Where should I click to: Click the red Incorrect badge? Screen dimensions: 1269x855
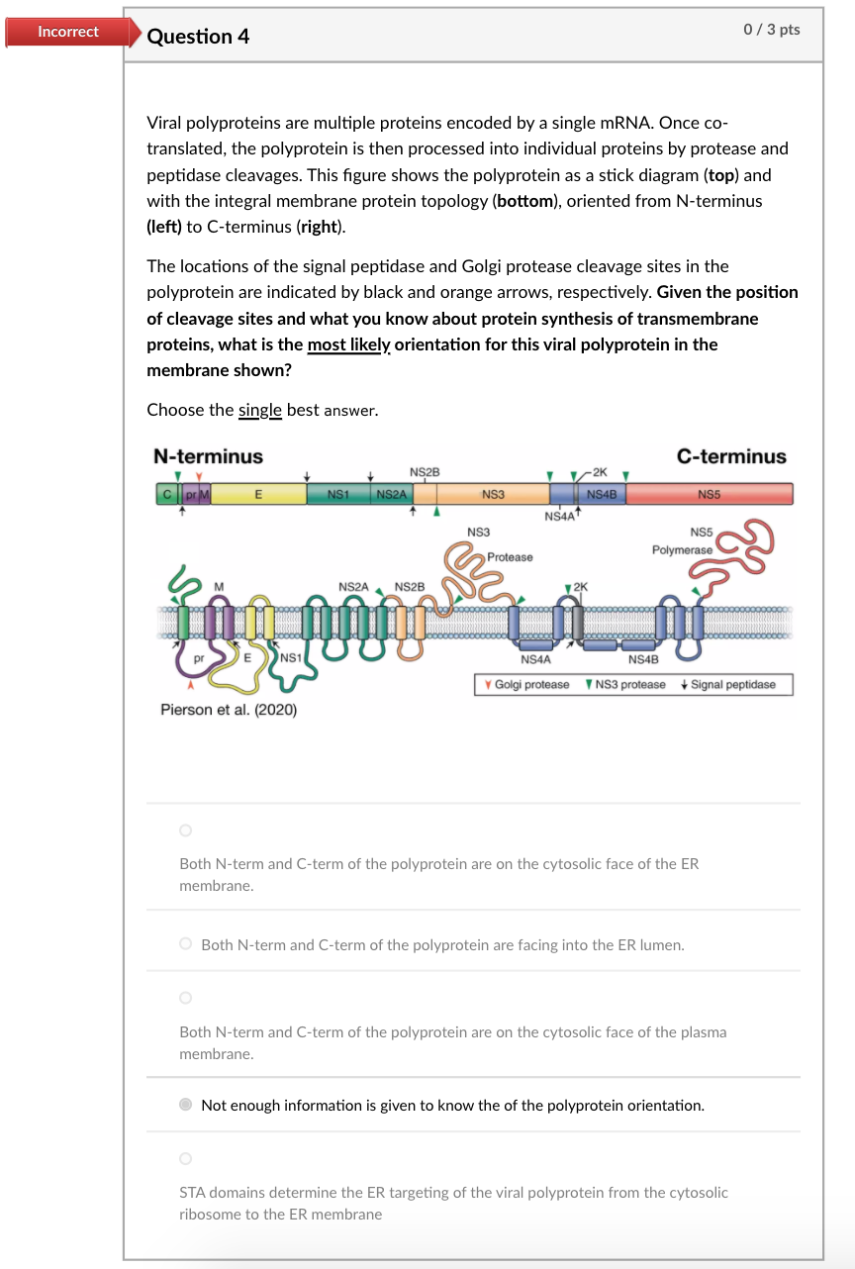(67, 32)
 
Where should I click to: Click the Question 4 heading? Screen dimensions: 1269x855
(198, 37)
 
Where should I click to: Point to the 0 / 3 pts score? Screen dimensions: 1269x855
(771, 29)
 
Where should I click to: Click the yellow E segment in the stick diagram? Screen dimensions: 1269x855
(258, 493)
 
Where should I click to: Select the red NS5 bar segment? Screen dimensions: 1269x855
(709, 493)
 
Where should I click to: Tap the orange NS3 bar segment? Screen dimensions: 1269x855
(493, 493)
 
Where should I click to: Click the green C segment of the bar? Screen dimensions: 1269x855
(166, 493)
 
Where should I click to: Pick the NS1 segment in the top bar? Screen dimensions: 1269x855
(339, 493)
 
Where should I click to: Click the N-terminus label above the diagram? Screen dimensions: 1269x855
(208, 456)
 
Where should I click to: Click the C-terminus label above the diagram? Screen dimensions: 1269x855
(731, 456)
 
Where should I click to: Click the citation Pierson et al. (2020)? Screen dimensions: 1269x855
(228, 710)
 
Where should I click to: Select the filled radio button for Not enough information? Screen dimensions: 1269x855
(185, 1105)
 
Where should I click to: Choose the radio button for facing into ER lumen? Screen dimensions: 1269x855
(185, 944)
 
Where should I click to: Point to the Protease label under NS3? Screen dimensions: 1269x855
(510, 557)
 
